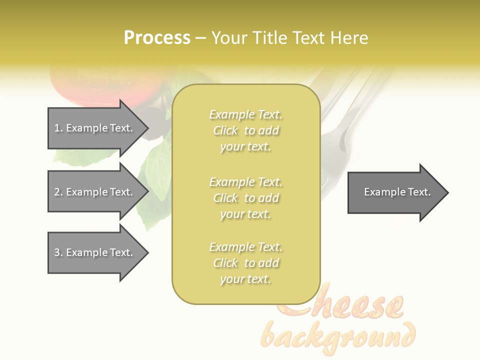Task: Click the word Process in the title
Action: point(157,37)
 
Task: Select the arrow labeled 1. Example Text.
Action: point(95,128)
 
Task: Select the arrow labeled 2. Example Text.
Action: point(95,192)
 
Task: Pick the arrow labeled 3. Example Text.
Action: point(95,252)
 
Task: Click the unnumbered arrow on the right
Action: point(395,192)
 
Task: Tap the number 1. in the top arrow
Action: point(58,128)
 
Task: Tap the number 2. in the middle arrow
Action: point(58,192)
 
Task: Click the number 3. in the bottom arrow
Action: point(58,252)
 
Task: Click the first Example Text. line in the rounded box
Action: point(245,114)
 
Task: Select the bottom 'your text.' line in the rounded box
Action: point(245,279)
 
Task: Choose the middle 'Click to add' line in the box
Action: point(245,198)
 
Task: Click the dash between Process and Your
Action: point(200,38)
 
